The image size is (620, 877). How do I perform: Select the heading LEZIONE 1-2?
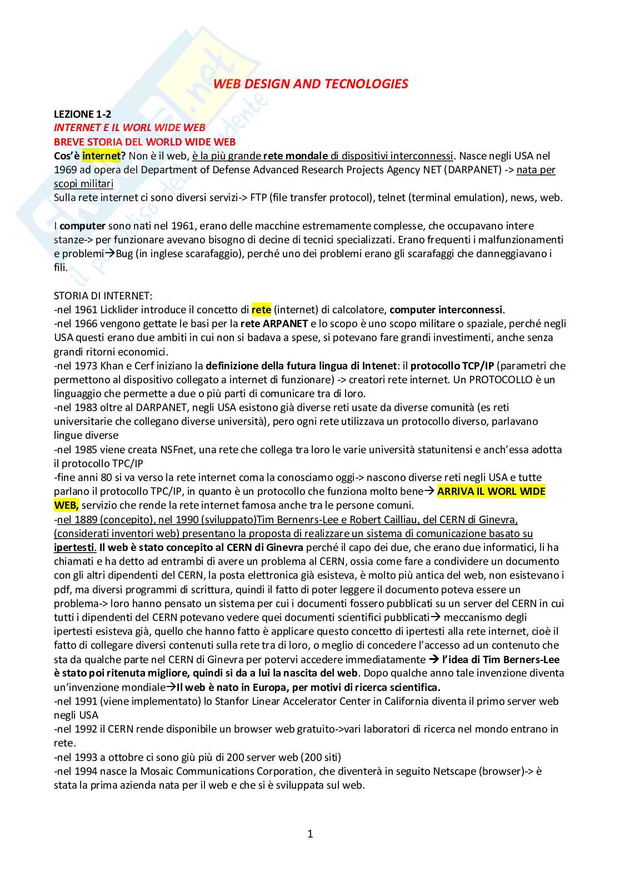point(82,114)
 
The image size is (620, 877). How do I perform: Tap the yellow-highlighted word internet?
point(101,156)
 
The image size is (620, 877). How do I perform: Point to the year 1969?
point(66,170)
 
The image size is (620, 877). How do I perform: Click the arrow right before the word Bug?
point(111,254)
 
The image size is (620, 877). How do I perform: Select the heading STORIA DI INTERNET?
point(103,296)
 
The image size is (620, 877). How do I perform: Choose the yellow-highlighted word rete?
point(261,310)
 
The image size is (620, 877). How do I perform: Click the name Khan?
point(111,366)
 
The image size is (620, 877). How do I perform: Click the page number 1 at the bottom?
point(310,834)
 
